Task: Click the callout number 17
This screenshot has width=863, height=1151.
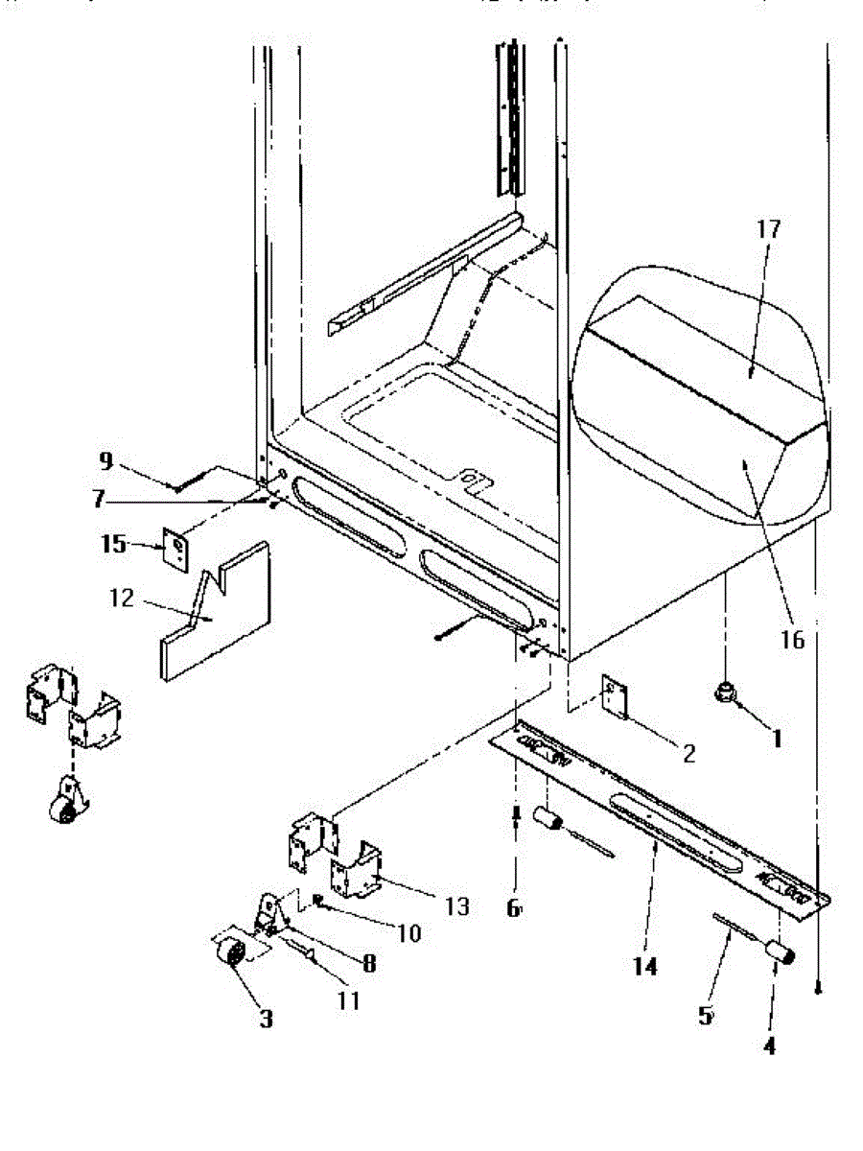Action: (769, 230)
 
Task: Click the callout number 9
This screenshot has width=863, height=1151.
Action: (105, 461)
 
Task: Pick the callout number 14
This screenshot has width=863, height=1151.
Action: (645, 967)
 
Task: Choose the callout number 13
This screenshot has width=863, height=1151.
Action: (457, 906)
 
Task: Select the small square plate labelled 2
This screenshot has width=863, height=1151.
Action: (614, 697)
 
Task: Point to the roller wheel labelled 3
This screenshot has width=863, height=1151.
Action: (230, 954)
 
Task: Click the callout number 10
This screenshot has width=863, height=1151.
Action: (409, 933)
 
